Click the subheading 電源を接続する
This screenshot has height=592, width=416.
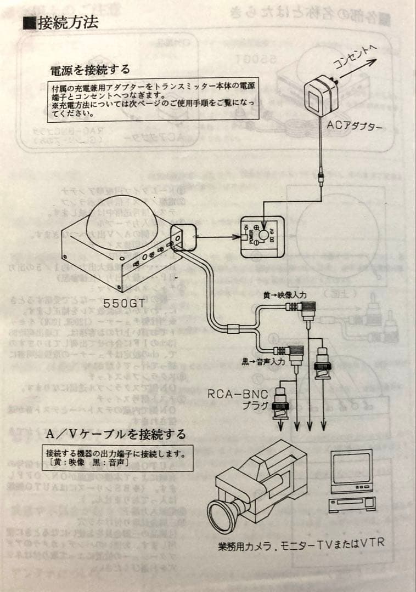point(90,70)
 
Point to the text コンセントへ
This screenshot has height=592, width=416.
point(354,57)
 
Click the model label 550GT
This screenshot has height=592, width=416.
point(123,302)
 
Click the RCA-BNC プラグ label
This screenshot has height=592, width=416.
point(235,400)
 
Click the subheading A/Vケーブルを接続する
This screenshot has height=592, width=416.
point(116,434)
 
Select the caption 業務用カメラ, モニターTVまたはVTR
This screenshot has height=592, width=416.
point(301,544)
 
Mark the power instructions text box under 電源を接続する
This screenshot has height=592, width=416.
point(154,100)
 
